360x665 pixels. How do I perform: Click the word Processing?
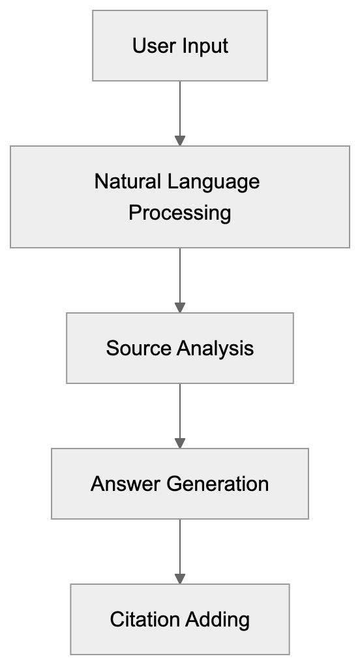179,213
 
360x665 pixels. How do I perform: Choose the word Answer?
125,484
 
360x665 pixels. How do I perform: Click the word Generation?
217,484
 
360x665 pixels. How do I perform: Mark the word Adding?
216,619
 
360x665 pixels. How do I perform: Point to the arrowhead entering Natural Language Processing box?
180,141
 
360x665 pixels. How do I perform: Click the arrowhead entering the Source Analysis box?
180,308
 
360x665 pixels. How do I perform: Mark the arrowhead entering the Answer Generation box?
180,443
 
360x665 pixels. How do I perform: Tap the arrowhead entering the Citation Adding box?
180,579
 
